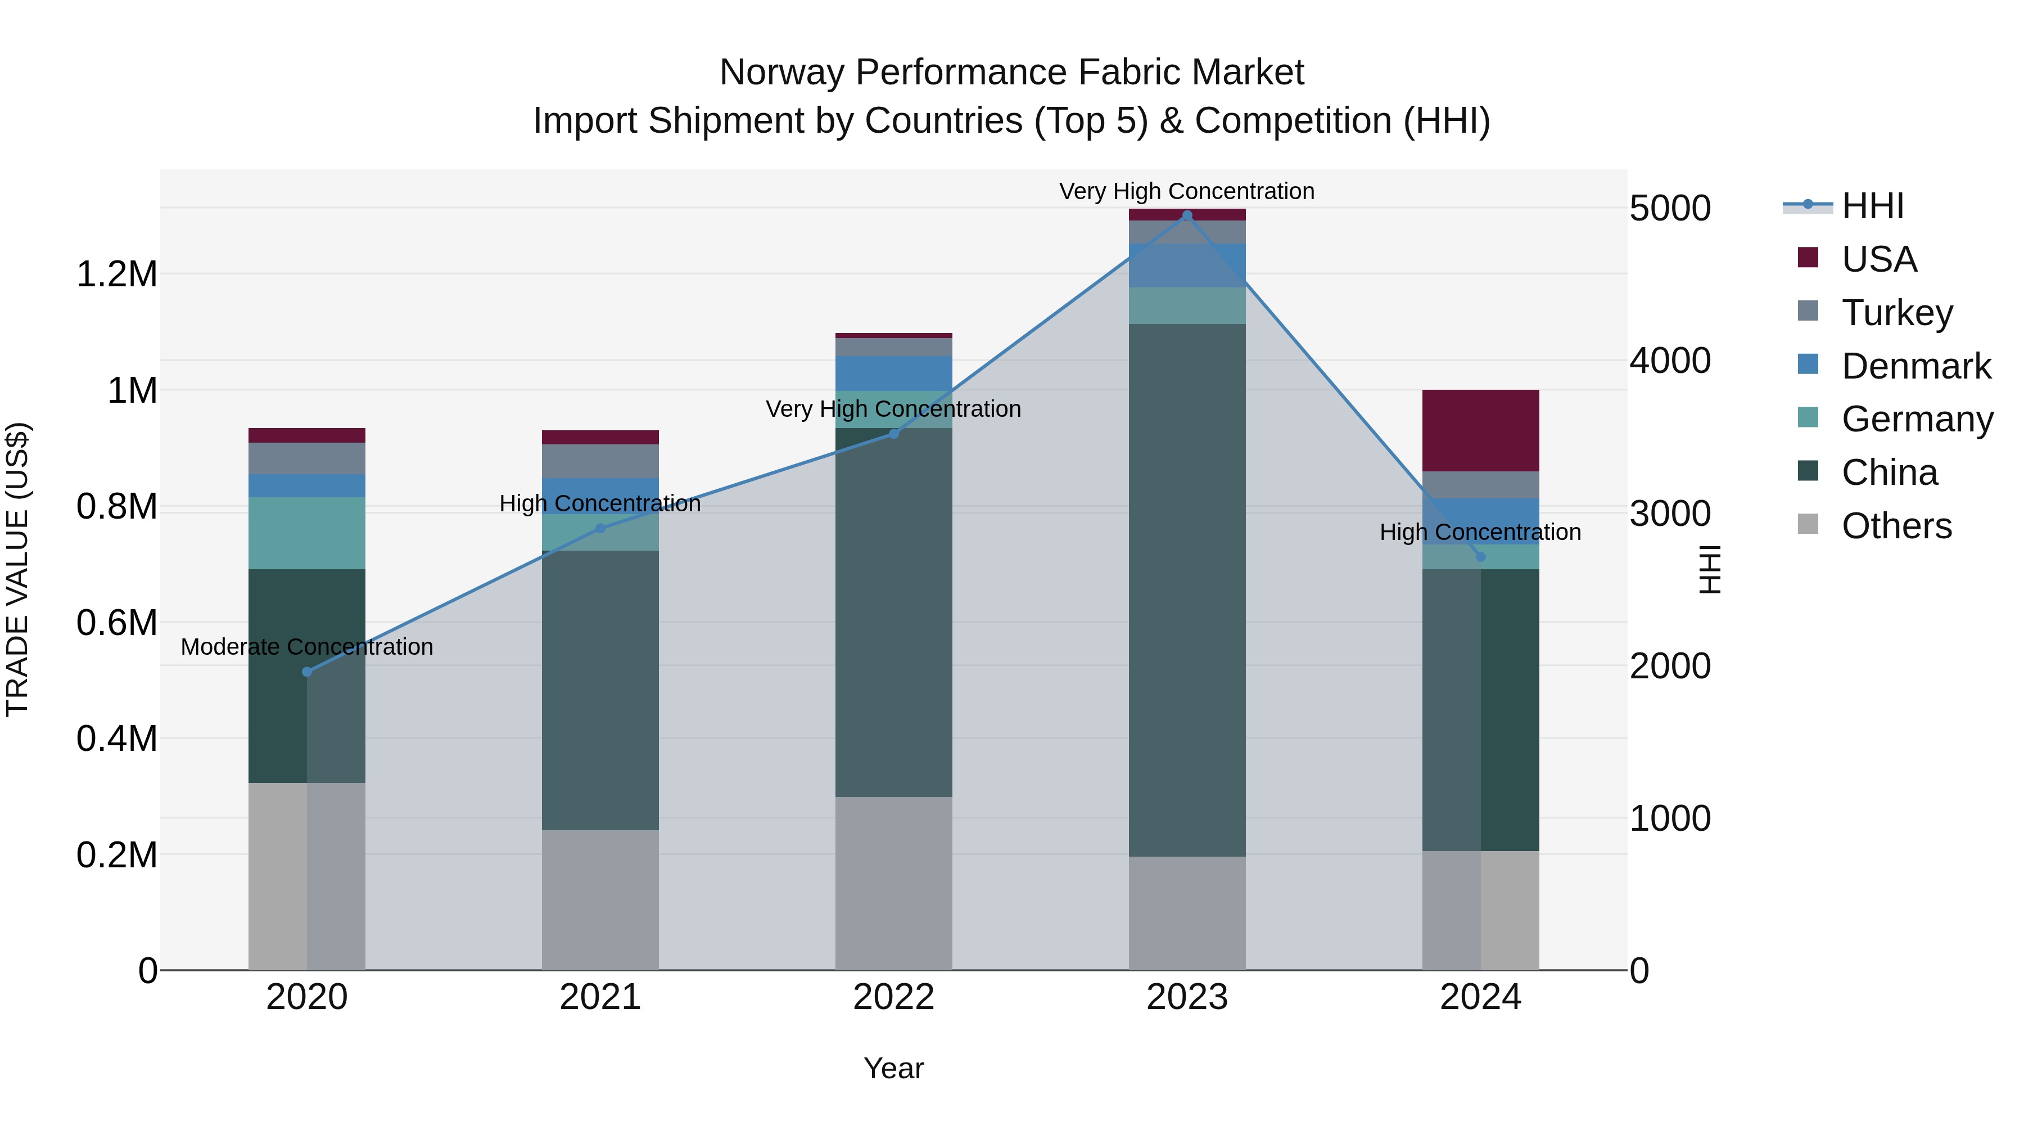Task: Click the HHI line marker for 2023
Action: (1186, 215)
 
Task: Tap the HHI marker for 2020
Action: (306, 671)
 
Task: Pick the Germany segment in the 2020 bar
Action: (306, 533)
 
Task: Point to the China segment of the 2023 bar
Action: (1186, 589)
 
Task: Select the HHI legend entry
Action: (1872, 206)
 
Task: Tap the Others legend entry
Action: (1896, 526)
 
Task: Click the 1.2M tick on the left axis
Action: (116, 274)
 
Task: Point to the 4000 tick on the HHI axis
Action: (1670, 361)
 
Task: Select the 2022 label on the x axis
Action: (893, 997)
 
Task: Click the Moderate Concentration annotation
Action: (306, 647)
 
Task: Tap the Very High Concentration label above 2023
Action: (1186, 191)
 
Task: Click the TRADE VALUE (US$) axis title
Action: (17, 569)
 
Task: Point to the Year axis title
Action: (893, 1068)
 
